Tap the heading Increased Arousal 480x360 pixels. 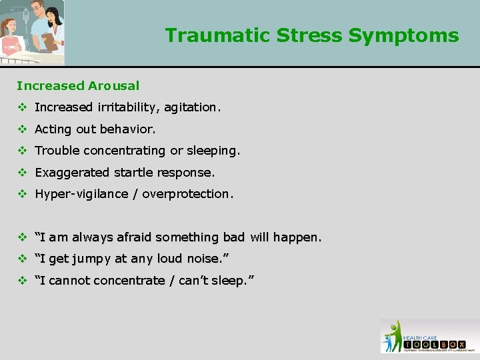tap(78, 85)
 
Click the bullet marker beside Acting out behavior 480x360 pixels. tap(21, 129)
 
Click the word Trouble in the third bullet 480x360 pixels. tap(56, 151)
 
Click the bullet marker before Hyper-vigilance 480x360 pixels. tap(21, 194)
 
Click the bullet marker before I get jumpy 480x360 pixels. tap(21, 259)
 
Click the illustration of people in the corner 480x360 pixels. tap(32, 32)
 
